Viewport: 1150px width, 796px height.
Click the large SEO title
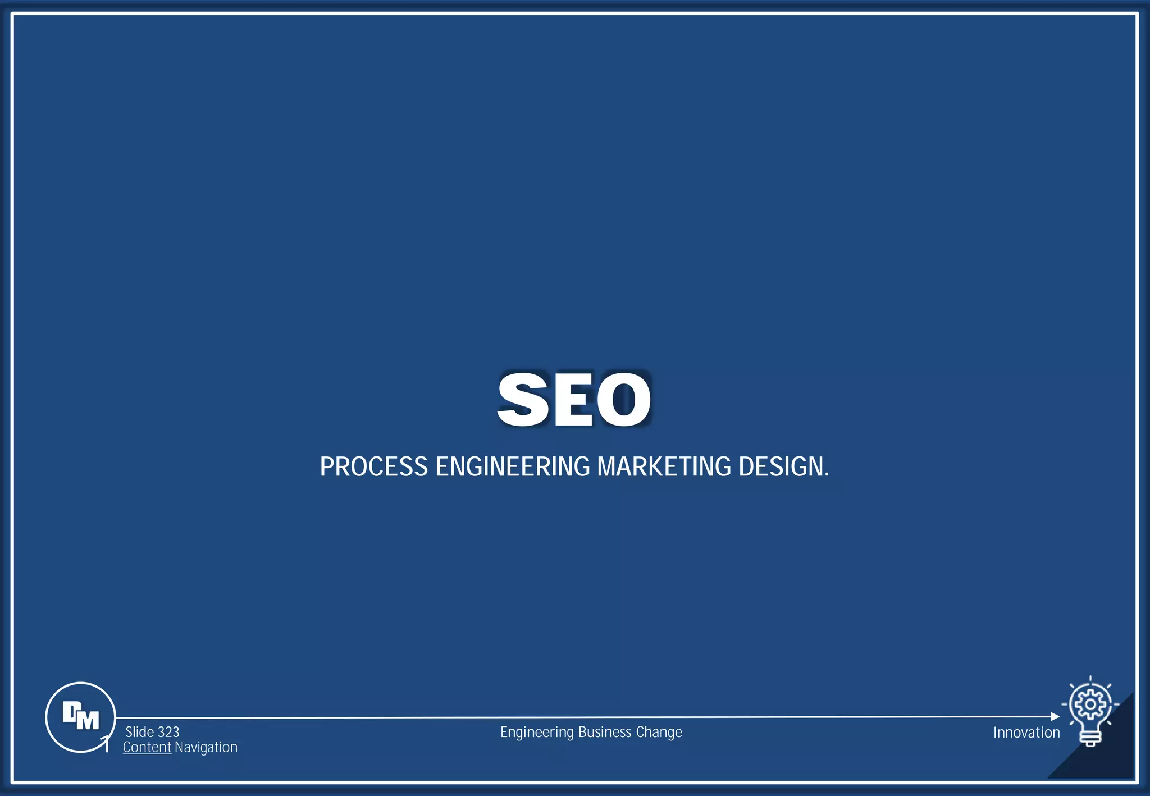(574, 399)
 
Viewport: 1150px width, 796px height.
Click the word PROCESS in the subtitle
(374, 466)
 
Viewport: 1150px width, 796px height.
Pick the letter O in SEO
(624, 399)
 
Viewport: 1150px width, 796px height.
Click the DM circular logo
(80, 717)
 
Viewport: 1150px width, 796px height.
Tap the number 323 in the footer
(168, 732)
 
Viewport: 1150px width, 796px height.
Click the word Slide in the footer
(140, 732)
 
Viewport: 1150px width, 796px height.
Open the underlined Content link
(147, 747)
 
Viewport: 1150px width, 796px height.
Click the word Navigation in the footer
(206, 747)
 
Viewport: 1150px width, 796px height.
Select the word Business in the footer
(605, 732)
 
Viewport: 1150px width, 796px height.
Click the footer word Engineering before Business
(537, 732)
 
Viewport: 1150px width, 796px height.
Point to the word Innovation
(1026, 733)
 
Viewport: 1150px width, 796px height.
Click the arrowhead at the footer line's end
(1055, 716)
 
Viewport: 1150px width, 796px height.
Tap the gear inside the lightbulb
(1090, 704)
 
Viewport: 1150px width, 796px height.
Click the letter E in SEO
(573, 399)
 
